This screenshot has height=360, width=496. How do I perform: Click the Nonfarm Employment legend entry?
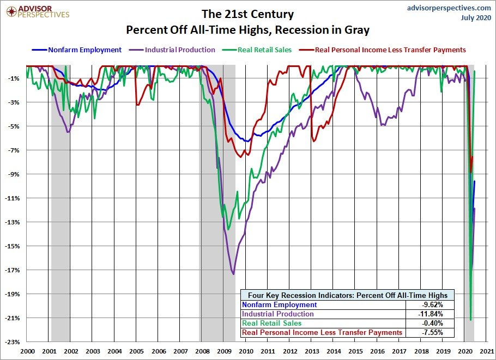84,50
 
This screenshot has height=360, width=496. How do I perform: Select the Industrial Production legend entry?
180,50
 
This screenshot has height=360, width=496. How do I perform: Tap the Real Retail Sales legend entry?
265,50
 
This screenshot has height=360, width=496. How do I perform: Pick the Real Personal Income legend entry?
390,50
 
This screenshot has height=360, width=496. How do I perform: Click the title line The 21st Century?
247,14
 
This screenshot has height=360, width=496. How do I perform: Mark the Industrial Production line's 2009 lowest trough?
233,274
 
